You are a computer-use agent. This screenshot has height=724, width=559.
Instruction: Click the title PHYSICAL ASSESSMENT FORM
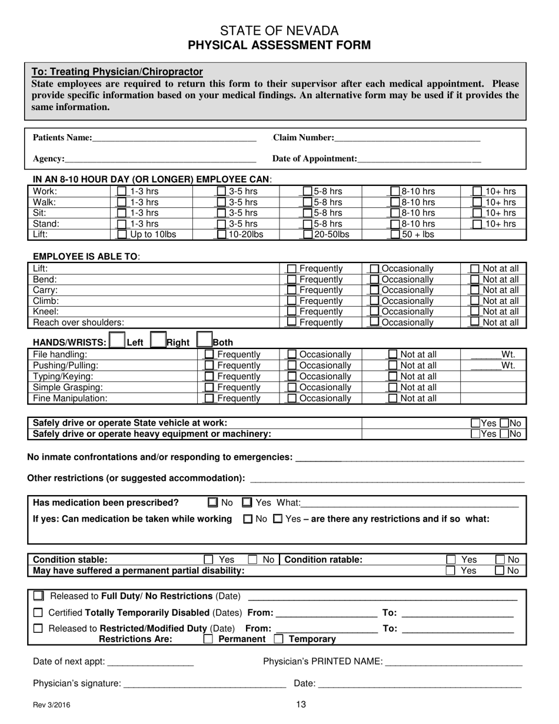point(279,45)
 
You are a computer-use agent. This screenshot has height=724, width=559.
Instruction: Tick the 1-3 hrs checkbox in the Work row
point(122,191)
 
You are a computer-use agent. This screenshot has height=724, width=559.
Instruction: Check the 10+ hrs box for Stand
point(478,224)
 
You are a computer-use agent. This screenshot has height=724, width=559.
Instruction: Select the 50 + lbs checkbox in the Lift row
point(395,234)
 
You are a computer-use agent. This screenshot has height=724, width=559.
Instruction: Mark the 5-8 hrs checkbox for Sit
point(307,213)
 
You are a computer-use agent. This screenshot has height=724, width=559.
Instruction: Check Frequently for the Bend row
point(291,280)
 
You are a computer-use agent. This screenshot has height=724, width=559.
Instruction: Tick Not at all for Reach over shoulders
point(475,323)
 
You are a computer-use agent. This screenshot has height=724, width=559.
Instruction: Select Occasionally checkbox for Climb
point(374,301)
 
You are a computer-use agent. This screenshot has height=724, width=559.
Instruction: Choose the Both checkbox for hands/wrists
point(204,340)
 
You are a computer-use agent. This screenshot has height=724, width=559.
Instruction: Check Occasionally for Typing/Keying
point(292,377)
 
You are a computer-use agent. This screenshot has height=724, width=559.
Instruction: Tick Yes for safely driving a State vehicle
point(475,423)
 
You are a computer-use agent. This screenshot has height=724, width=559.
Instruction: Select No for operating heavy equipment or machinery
point(504,434)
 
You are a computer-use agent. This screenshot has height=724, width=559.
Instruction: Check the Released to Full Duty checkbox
point(39,596)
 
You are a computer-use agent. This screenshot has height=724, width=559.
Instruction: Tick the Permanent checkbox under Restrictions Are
point(208,639)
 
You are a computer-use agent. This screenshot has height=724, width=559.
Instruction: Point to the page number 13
point(301,704)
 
